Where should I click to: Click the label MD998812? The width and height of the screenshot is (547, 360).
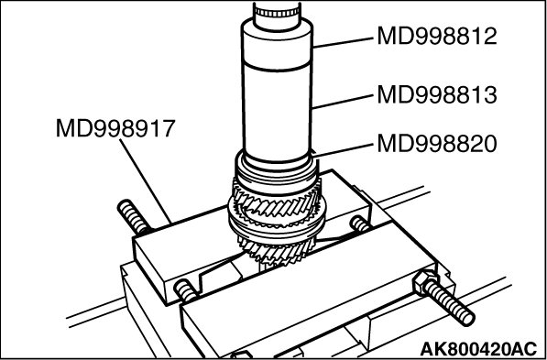click(x=437, y=36)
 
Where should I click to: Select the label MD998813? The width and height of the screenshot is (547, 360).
click(x=437, y=95)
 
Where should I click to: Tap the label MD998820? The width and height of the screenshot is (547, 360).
click(x=437, y=144)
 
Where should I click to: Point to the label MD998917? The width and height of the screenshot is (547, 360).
click(x=115, y=128)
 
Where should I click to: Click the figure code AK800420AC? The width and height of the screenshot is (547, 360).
click(x=478, y=348)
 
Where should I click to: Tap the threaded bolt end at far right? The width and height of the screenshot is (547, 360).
click(x=450, y=302)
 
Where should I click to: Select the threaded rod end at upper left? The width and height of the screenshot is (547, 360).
click(x=134, y=217)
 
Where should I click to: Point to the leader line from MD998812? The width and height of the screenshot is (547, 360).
click(x=343, y=42)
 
